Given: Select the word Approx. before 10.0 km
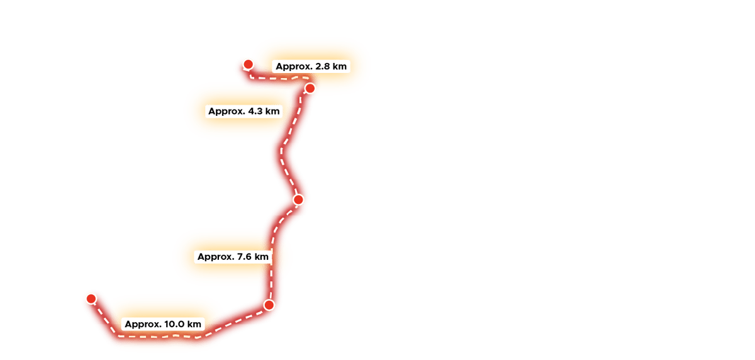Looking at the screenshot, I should pos(143,324).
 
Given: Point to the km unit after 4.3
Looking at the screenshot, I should pos(272,111).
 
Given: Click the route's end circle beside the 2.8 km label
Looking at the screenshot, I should pos(249,64).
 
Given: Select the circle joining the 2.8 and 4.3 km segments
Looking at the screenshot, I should pos(310,88).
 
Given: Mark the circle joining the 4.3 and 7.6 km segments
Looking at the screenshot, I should pos(299,200).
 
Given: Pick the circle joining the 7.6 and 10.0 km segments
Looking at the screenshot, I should pos(269,305).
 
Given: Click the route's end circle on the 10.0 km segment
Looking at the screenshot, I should pos(92,298).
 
